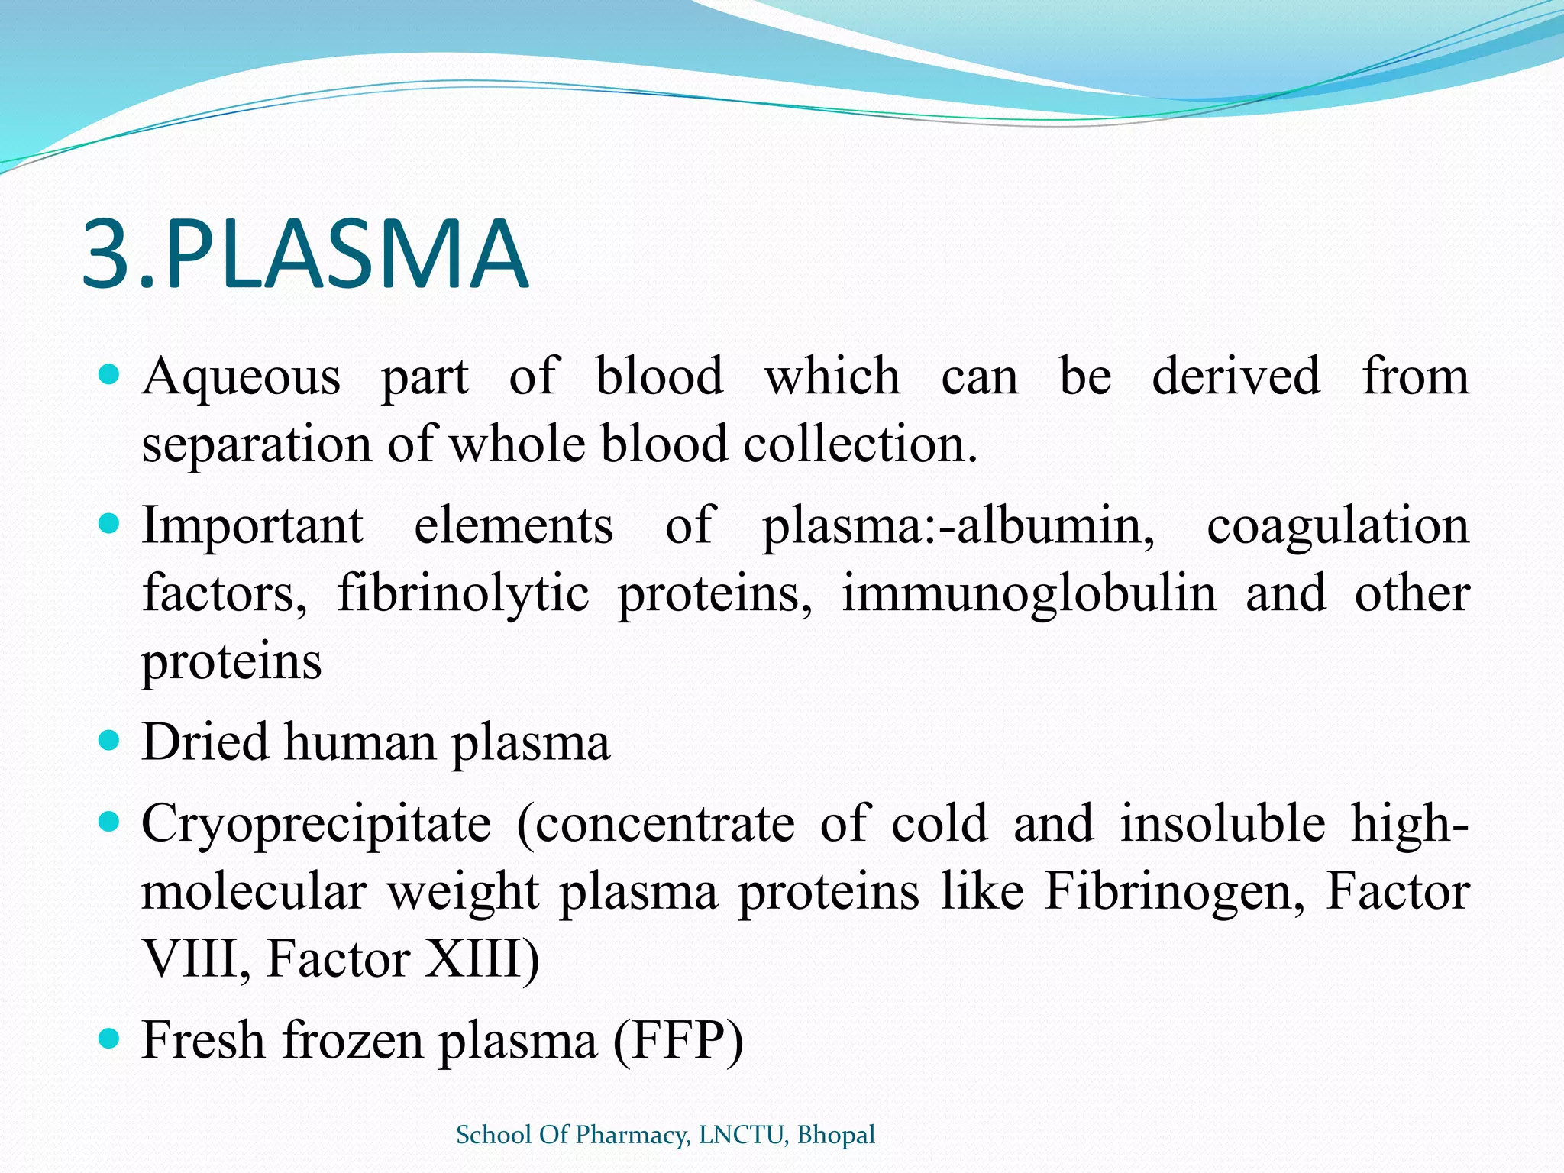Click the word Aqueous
coord(241,377)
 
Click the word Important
coord(253,526)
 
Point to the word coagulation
coord(1337,526)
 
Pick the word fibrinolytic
coord(464,594)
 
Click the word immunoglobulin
coord(1029,594)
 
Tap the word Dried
coord(205,742)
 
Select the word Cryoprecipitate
coord(316,824)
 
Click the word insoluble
coord(1223,824)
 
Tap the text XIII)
coord(482,958)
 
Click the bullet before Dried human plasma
coord(110,740)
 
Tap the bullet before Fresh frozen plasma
coord(110,1039)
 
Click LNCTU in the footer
coord(741,1135)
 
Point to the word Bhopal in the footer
coord(835,1135)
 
